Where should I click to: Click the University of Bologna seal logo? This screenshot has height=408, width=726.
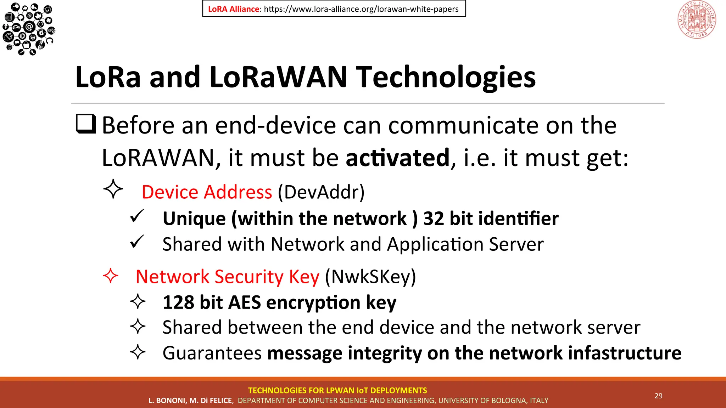(697, 19)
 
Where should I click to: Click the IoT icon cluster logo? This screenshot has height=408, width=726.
(28, 28)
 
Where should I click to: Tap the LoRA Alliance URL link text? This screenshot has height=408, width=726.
(361, 9)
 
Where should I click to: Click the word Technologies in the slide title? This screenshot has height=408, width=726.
(446, 77)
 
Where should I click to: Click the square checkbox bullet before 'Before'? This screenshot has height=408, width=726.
(86, 124)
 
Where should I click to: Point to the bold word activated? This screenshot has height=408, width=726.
(397, 158)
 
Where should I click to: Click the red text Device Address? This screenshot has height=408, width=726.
(207, 192)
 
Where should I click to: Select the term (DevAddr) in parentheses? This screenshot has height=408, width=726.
(321, 192)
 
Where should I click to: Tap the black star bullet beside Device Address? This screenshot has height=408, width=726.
(113, 189)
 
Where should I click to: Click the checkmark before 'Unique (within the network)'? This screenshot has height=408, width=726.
(137, 216)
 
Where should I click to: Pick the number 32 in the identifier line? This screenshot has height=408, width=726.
(434, 219)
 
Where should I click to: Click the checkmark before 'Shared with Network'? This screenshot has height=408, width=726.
(137, 242)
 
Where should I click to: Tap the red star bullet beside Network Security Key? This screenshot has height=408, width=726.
(110, 276)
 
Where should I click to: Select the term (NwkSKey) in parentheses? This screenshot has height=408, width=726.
(370, 277)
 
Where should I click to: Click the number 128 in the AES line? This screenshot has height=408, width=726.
(178, 302)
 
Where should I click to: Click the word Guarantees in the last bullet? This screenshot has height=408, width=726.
(212, 353)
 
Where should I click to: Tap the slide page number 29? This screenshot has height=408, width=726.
(658, 396)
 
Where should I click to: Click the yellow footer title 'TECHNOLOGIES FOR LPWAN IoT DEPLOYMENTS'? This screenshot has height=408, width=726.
(337, 390)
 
